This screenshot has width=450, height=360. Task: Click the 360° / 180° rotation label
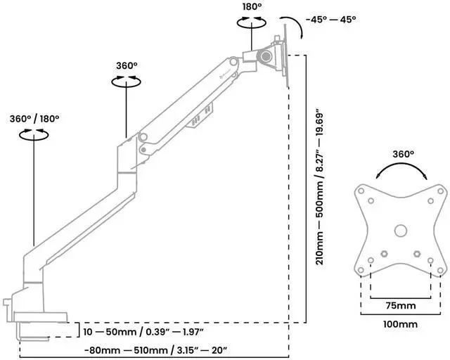pos(34,118)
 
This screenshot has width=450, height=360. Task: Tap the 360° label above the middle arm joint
pos(127,65)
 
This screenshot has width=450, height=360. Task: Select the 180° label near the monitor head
pos(252,6)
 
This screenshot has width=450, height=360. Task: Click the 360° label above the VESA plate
pos(403,153)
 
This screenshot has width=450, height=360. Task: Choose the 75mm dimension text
pos(400,307)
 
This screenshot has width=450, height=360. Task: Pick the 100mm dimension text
pos(400,325)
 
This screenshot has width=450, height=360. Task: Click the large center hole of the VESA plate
pos(400,229)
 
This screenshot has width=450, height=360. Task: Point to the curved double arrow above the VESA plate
pos(401,169)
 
